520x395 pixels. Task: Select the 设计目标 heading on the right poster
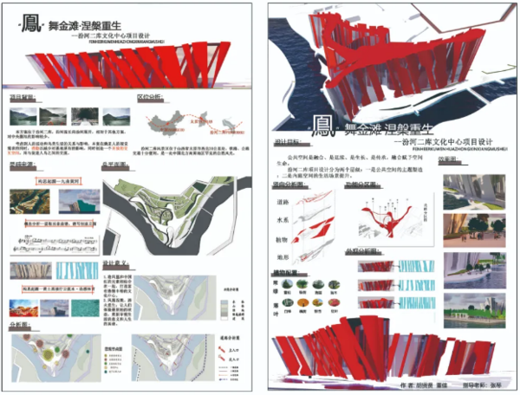[287, 143]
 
